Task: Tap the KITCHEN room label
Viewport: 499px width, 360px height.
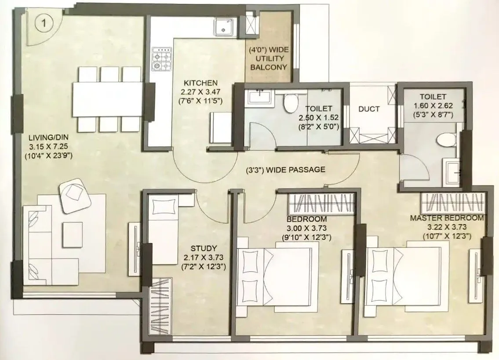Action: [200, 83]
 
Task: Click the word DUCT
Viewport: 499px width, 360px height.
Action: [368, 109]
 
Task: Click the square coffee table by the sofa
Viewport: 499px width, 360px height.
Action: [73, 233]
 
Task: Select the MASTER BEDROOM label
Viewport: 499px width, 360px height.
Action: [447, 218]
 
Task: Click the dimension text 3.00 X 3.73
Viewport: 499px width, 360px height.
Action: [306, 228]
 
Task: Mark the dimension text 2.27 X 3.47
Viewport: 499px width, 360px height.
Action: [200, 92]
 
